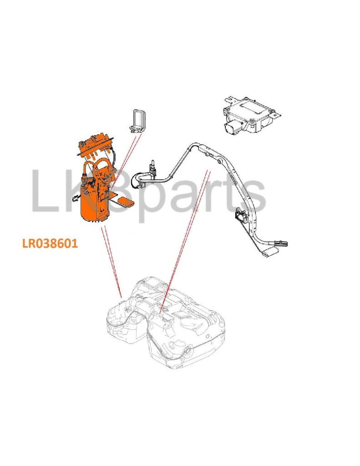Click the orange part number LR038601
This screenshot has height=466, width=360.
50,243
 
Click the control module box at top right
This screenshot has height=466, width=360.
251,114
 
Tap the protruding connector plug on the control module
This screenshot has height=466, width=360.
233,127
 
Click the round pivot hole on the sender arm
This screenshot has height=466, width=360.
219,161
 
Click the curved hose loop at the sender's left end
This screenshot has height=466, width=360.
139,179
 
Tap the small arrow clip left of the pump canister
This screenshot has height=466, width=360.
75,197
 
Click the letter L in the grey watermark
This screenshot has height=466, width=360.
44,191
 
